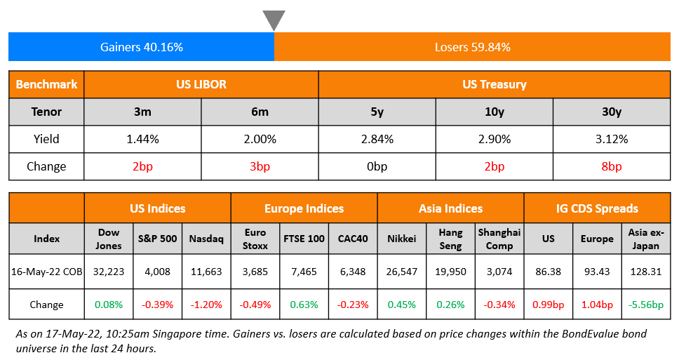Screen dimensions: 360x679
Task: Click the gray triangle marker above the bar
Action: click(x=274, y=19)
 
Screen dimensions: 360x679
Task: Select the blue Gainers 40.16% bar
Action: click(x=141, y=48)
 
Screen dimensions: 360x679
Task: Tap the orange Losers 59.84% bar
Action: click(x=472, y=48)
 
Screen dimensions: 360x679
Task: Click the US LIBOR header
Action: click(x=201, y=85)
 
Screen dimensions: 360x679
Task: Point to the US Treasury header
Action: click(x=494, y=85)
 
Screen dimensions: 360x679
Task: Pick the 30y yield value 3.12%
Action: click(x=611, y=139)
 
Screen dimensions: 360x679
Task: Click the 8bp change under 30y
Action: click(x=611, y=166)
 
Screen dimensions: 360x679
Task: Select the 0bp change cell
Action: click(x=377, y=166)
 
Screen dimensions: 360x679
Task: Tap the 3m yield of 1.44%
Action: click(x=142, y=139)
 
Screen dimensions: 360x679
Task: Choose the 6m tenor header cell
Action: click(x=260, y=112)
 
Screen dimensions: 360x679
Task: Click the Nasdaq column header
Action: click(x=206, y=239)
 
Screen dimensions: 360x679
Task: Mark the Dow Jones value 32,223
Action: click(x=108, y=272)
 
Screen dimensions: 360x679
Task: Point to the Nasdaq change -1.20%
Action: click(x=206, y=305)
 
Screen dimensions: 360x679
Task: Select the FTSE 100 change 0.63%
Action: click(x=304, y=305)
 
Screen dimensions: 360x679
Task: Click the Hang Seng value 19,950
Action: click(x=450, y=272)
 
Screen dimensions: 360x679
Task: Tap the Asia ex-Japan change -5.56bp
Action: click(x=646, y=305)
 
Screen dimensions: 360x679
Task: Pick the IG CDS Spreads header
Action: click(x=597, y=208)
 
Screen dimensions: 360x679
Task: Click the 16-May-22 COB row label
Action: click(x=46, y=272)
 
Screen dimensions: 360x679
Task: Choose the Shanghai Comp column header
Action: click(x=499, y=239)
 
